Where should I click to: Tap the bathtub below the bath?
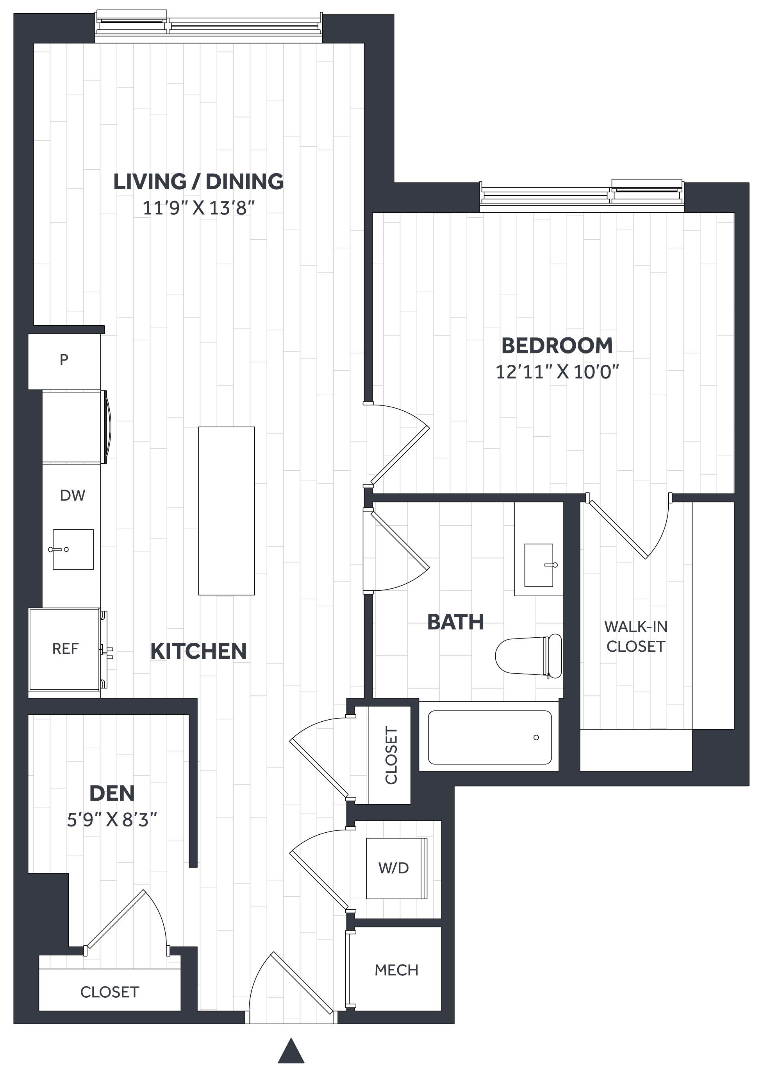point(489,737)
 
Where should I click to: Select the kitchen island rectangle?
point(226,511)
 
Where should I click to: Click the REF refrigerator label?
point(65,649)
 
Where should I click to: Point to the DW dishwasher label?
point(72,495)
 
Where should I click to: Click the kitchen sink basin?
point(73,549)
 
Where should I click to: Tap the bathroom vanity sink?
point(539,565)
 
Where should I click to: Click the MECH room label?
point(396,970)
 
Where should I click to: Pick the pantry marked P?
point(64,360)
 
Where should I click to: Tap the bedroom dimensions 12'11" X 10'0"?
point(557,373)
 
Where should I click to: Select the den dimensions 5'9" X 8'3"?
point(111,820)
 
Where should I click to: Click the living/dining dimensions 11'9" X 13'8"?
point(198,208)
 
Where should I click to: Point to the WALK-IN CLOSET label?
point(635,636)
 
